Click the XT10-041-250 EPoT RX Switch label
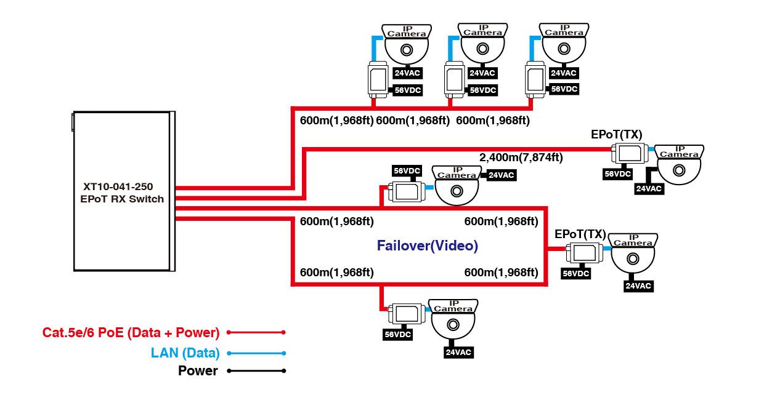(123, 192)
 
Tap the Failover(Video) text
(428, 245)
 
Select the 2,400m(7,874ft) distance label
(521, 158)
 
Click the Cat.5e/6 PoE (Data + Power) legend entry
(131, 333)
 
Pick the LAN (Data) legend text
(185, 353)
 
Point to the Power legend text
(198, 371)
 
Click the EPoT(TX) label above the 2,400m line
(616, 134)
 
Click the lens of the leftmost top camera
(407, 50)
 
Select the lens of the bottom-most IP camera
(453, 325)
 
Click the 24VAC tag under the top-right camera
(563, 73)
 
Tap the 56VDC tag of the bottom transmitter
(397, 335)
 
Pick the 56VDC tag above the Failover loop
(407, 170)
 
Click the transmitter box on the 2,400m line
(629, 153)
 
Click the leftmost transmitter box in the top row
(377, 79)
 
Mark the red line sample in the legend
(256, 332)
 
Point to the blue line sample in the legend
(256, 353)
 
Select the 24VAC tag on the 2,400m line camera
(649, 189)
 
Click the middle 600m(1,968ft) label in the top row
(413, 121)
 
